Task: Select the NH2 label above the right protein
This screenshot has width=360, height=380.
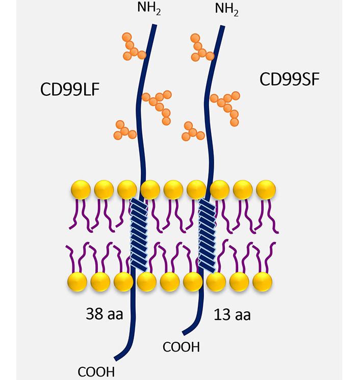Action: [227, 9]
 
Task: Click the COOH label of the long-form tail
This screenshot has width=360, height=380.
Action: [96, 370]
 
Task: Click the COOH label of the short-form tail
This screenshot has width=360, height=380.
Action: [181, 347]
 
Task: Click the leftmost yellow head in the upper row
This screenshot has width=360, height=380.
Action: [81, 190]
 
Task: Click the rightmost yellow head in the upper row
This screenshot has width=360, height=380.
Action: [266, 190]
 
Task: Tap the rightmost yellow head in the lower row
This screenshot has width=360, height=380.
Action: [263, 281]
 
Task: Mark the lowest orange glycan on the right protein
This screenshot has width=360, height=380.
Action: [192, 131]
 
